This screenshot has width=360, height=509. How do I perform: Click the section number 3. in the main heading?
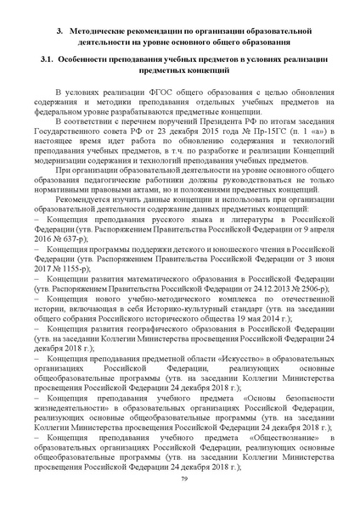tap(60, 31)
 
